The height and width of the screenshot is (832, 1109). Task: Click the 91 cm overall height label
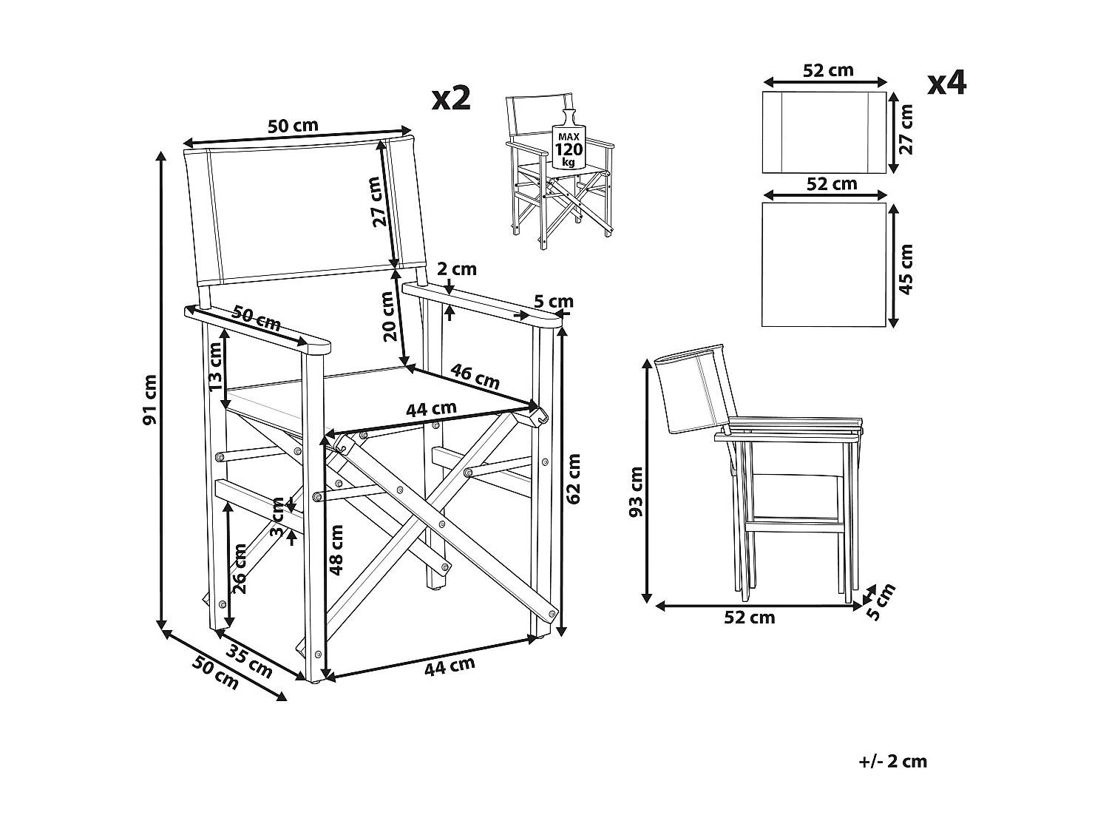point(150,399)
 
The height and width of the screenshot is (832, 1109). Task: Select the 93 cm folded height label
point(637,491)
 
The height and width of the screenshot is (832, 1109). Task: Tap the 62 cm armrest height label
point(573,478)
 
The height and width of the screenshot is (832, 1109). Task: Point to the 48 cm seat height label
point(336,549)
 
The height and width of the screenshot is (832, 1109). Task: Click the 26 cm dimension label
point(240,569)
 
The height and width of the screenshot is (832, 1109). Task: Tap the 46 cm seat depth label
point(475,376)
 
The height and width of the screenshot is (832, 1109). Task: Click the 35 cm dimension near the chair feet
point(249,661)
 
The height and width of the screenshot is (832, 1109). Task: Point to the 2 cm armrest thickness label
point(456,269)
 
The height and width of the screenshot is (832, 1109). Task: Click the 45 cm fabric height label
point(906,268)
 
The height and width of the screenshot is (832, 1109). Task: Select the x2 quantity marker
point(451,98)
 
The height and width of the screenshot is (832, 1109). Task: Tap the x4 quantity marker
point(946,84)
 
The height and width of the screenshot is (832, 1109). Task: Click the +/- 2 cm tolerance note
point(893,761)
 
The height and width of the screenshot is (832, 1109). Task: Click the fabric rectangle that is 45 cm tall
point(824,264)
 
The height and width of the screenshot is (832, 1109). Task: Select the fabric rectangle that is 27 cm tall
point(824,132)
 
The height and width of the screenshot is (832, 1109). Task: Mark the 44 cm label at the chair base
point(449,666)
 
